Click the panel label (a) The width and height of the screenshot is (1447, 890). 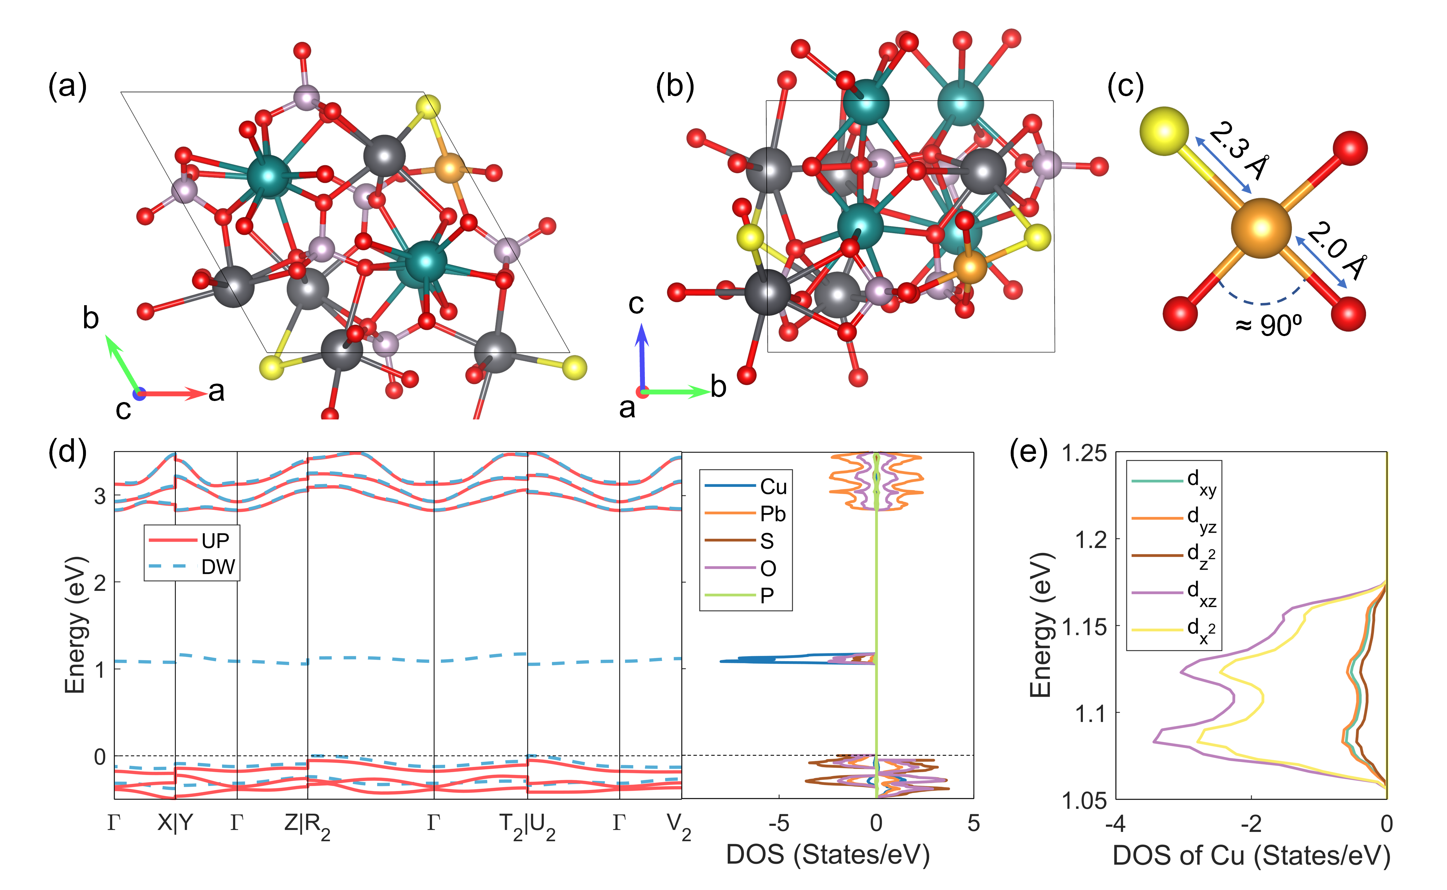click(67, 87)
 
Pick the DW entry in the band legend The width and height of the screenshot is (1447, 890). click(218, 567)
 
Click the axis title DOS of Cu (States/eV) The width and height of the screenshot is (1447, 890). click(1251, 855)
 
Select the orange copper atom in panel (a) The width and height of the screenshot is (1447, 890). click(449, 169)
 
